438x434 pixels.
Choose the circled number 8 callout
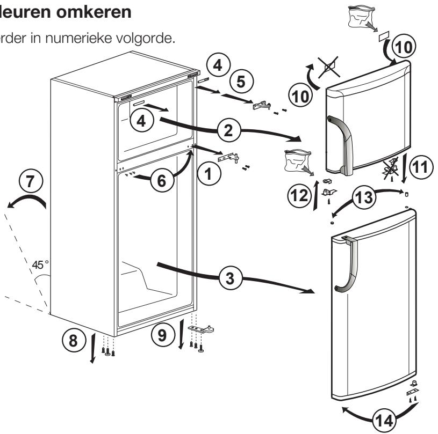pyautogui.click(x=74, y=340)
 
